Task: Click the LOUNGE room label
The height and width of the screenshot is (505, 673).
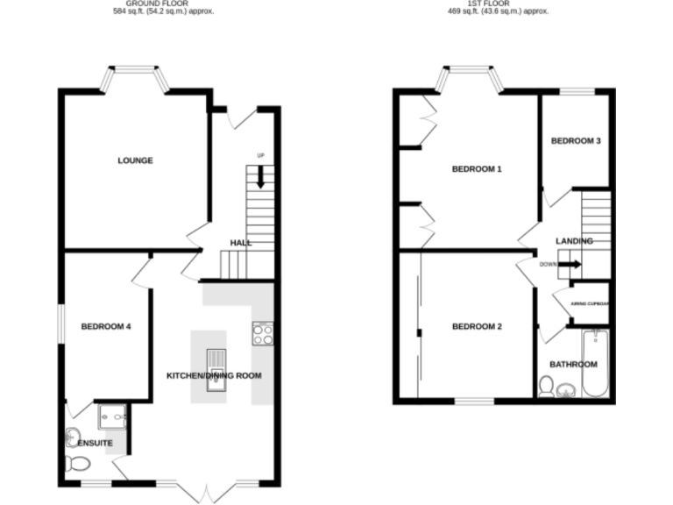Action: point(136,160)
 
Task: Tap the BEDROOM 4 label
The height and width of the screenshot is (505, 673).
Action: point(105,327)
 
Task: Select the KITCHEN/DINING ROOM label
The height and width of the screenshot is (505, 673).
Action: point(214,376)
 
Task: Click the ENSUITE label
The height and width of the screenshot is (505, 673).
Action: point(95,444)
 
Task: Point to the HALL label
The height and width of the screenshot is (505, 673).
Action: point(241,243)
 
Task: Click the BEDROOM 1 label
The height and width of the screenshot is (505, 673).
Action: point(476,169)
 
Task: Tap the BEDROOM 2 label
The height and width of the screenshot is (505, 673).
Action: point(477,327)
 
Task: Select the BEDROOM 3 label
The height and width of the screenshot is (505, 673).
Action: point(576,141)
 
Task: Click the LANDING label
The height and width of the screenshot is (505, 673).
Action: point(574,241)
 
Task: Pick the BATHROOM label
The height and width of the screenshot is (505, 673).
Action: point(573,365)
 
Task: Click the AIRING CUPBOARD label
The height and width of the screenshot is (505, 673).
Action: point(590,304)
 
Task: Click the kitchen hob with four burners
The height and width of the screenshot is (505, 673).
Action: point(264,332)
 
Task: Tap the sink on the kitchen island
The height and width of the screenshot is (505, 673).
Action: point(215,360)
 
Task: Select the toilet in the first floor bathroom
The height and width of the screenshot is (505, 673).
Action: point(547,387)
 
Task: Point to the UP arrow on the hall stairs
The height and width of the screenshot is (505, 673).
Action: point(260,178)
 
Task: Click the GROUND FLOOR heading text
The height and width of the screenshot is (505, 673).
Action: point(165,4)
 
